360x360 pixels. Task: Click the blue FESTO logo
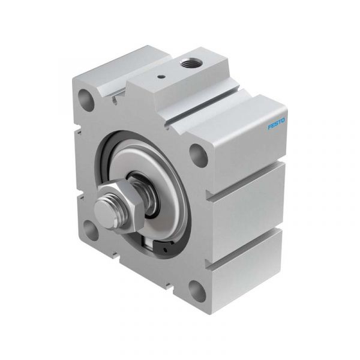277,124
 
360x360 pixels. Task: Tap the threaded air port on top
190,62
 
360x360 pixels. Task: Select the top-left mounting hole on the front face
86,99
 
